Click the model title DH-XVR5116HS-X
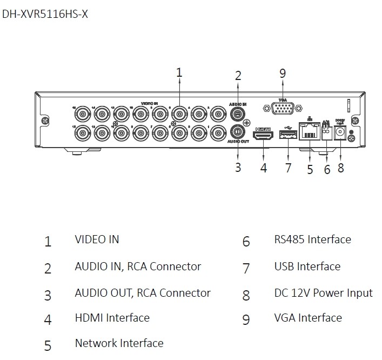coord(45,14)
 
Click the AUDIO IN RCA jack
coord(237,114)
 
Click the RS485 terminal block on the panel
coord(326,132)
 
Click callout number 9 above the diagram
coord(283,74)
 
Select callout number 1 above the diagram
coord(179,72)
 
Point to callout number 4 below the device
coord(263,168)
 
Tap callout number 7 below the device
coord(288,168)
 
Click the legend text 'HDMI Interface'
coord(112,318)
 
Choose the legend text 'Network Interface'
coord(119,343)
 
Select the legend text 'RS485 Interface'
coord(312,239)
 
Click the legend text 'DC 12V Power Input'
coord(323,293)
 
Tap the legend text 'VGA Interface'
coord(308,318)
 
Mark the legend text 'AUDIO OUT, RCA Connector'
coord(143,293)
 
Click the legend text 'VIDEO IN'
coord(97,239)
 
